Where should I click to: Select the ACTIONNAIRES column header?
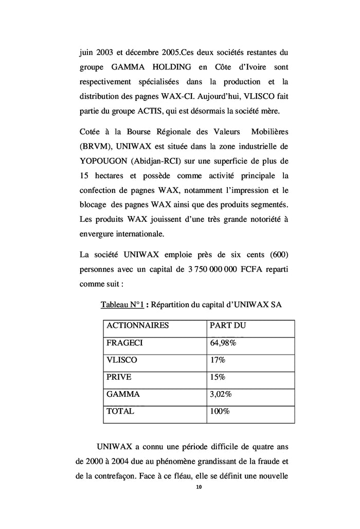tap(137, 326)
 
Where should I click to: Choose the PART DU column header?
tap(228, 326)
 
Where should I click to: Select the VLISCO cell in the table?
tap(121, 360)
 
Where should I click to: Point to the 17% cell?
tap(218, 360)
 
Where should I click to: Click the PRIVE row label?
tap(119, 377)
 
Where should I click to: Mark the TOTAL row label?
tap(120, 411)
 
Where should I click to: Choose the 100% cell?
tap(220, 411)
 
